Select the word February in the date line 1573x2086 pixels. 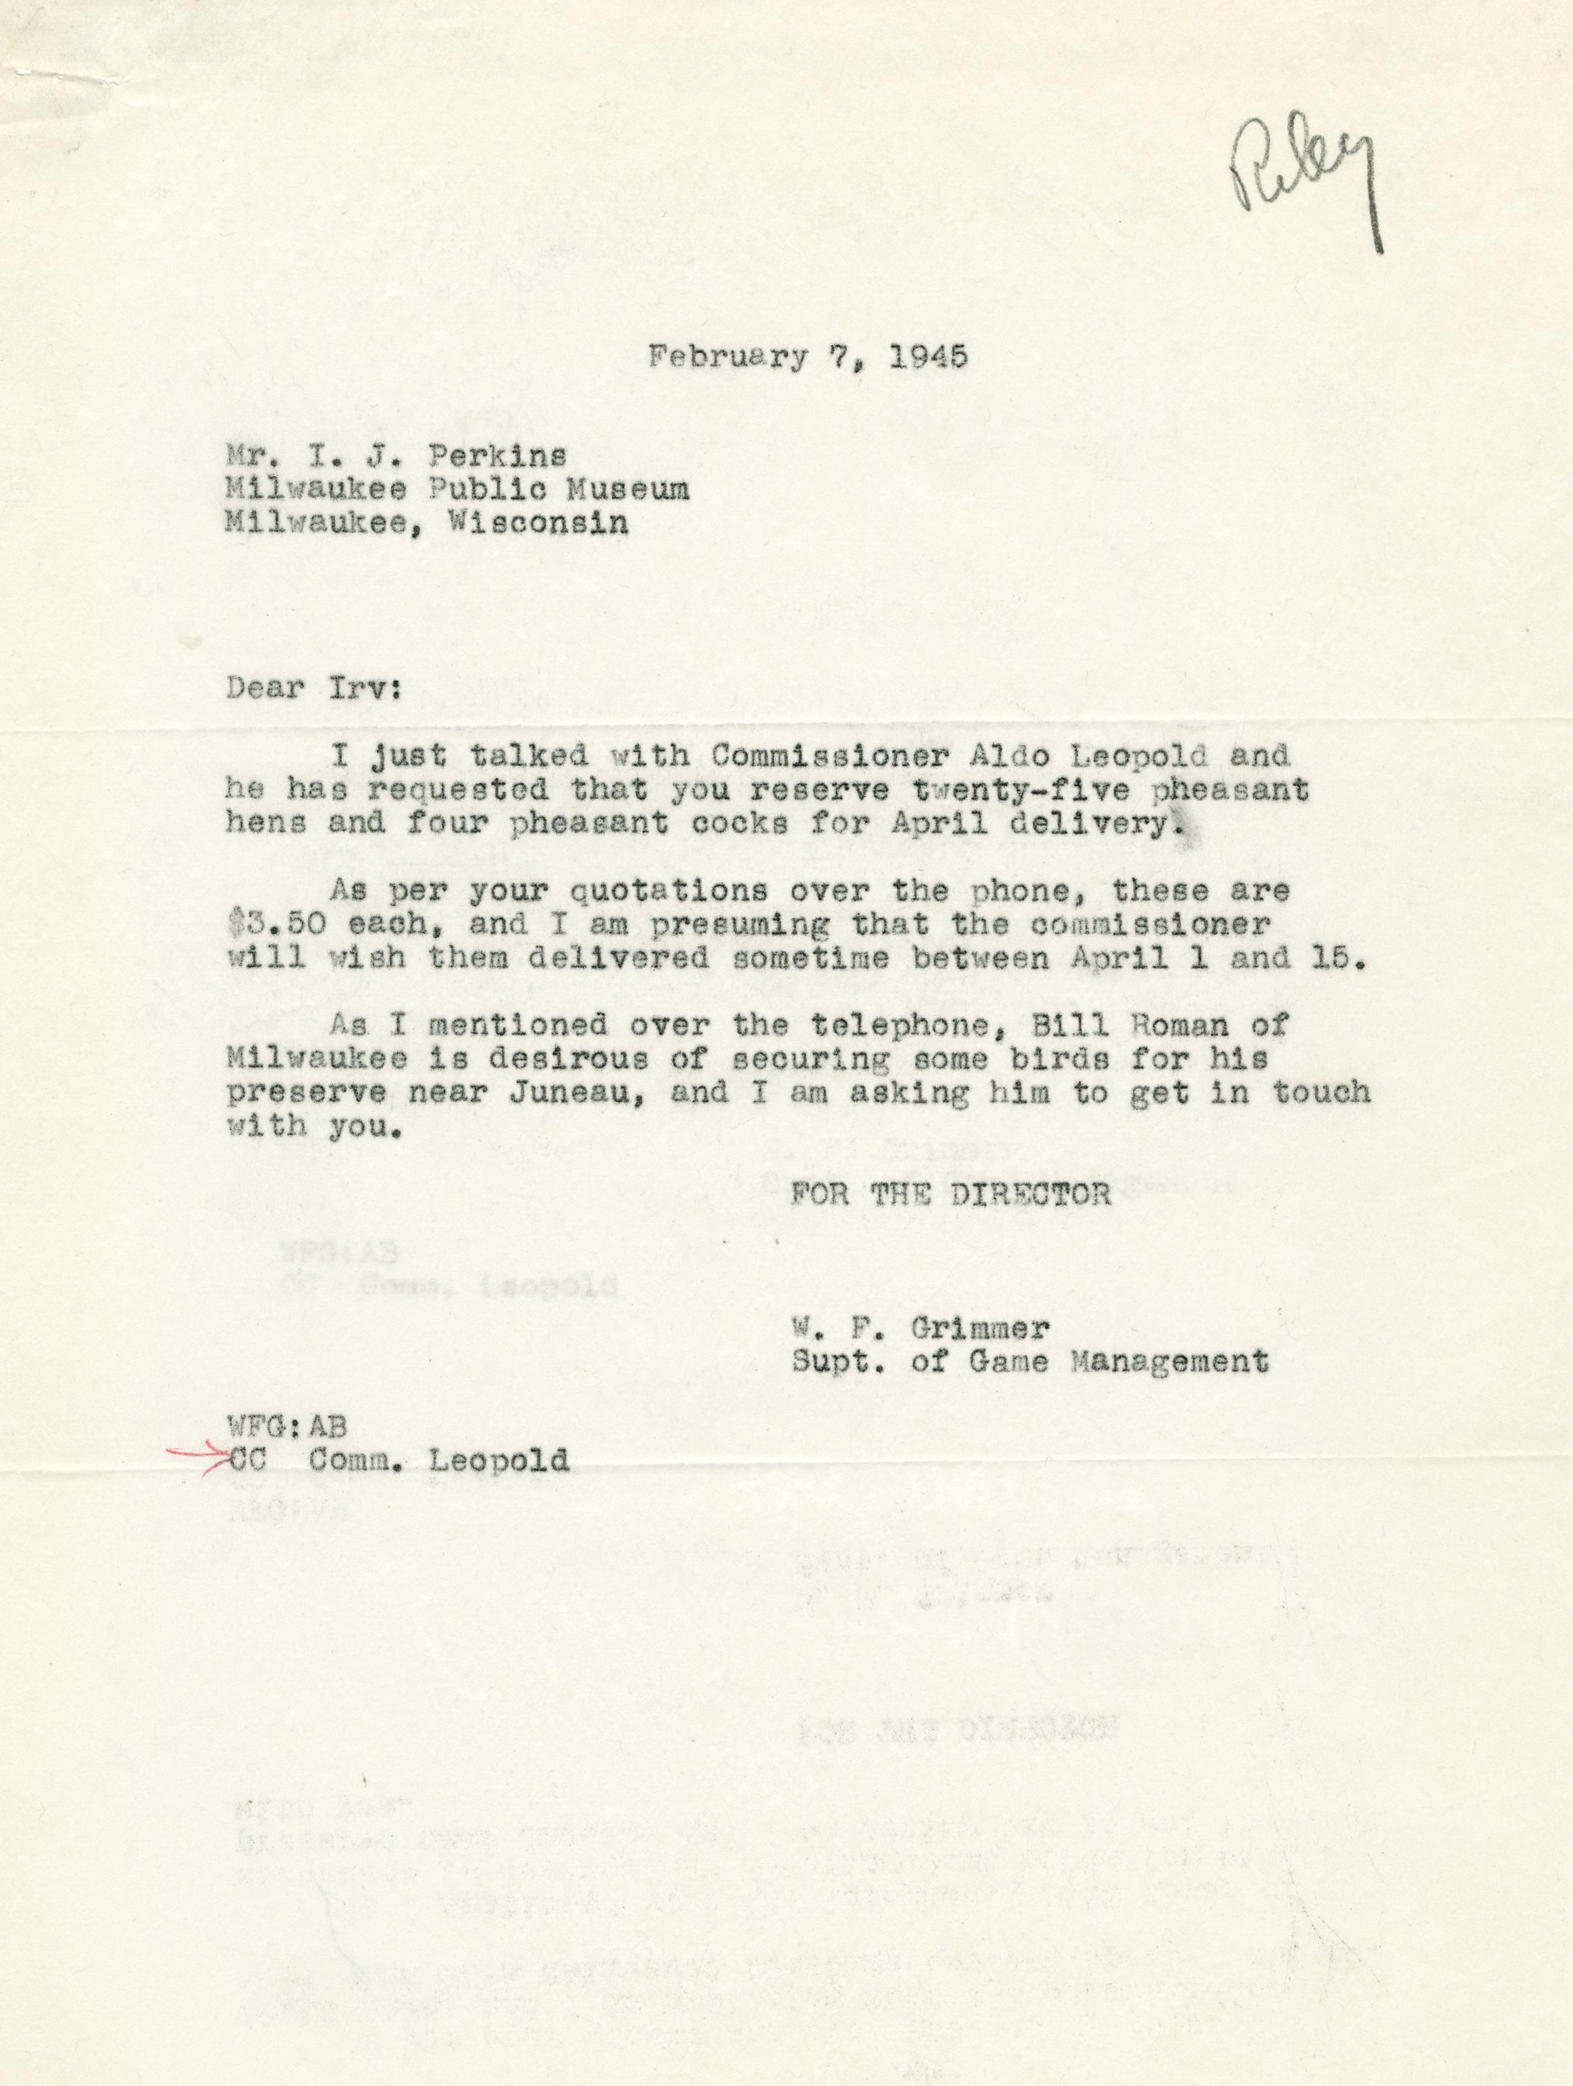pos(726,359)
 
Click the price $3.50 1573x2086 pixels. pos(275,924)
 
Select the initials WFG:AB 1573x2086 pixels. pos(280,1427)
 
